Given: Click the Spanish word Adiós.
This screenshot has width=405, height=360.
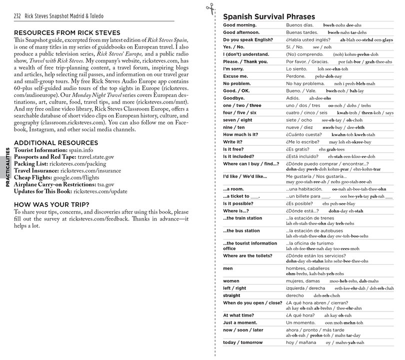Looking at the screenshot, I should (x=294, y=99).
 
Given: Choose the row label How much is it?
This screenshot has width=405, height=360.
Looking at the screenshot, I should (x=243, y=135).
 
